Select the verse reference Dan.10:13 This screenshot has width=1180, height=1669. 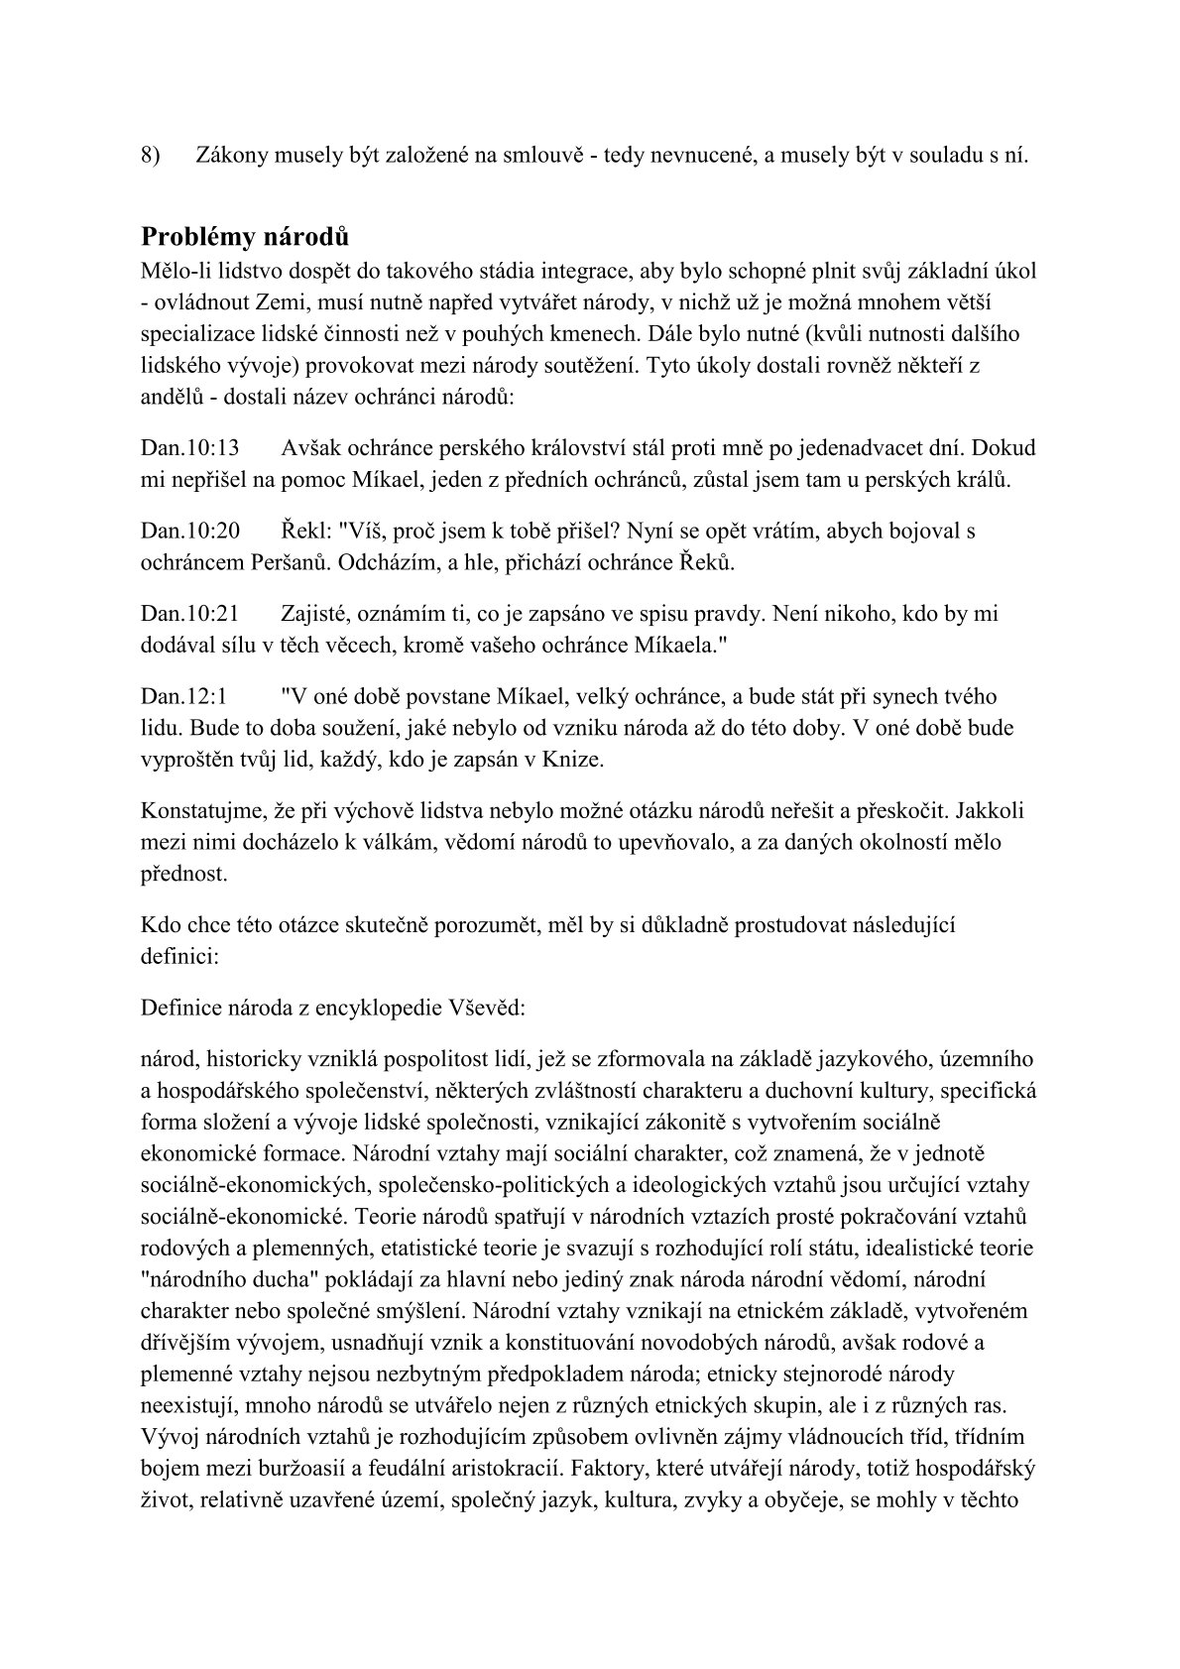tap(190, 448)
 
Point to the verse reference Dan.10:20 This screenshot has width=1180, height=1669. tap(190, 531)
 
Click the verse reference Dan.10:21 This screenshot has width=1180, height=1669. tap(190, 613)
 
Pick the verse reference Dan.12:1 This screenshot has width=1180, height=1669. tap(184, 696)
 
